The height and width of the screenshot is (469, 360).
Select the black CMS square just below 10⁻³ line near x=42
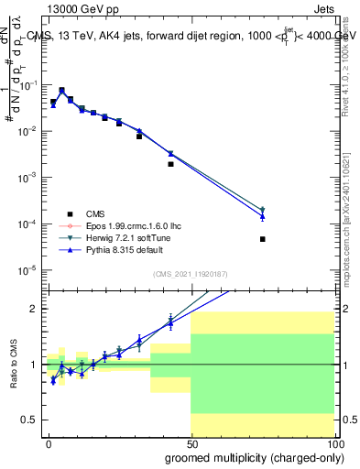click(x=171, y=164)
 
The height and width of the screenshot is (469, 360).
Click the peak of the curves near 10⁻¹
click(x=61, y=91)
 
